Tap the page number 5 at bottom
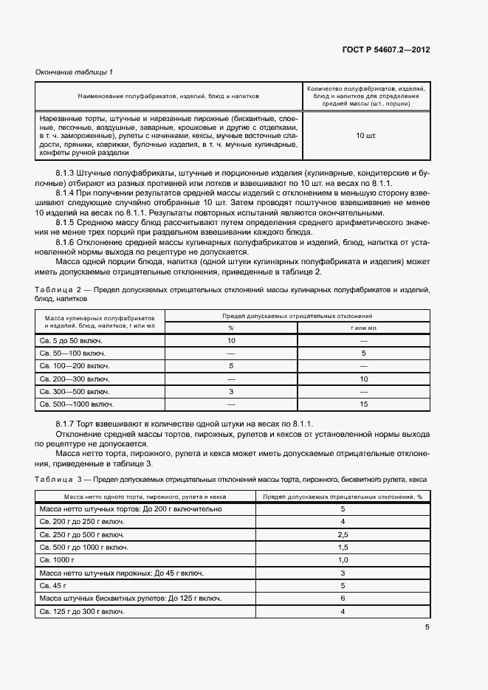tap(427, 627)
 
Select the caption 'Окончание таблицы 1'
tap(74, 72)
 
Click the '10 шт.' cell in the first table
tap(365, 136)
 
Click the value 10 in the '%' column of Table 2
tap(231, 341)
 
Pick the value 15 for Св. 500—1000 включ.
tap(363, 404)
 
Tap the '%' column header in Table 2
tap(231, 327)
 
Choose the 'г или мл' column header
tap(363, 327)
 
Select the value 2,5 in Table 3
tap(343, 534)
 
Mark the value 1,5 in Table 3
tap(343, 548)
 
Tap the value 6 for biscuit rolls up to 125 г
tap(343, 598)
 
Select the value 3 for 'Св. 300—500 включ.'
tap(231, 391)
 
